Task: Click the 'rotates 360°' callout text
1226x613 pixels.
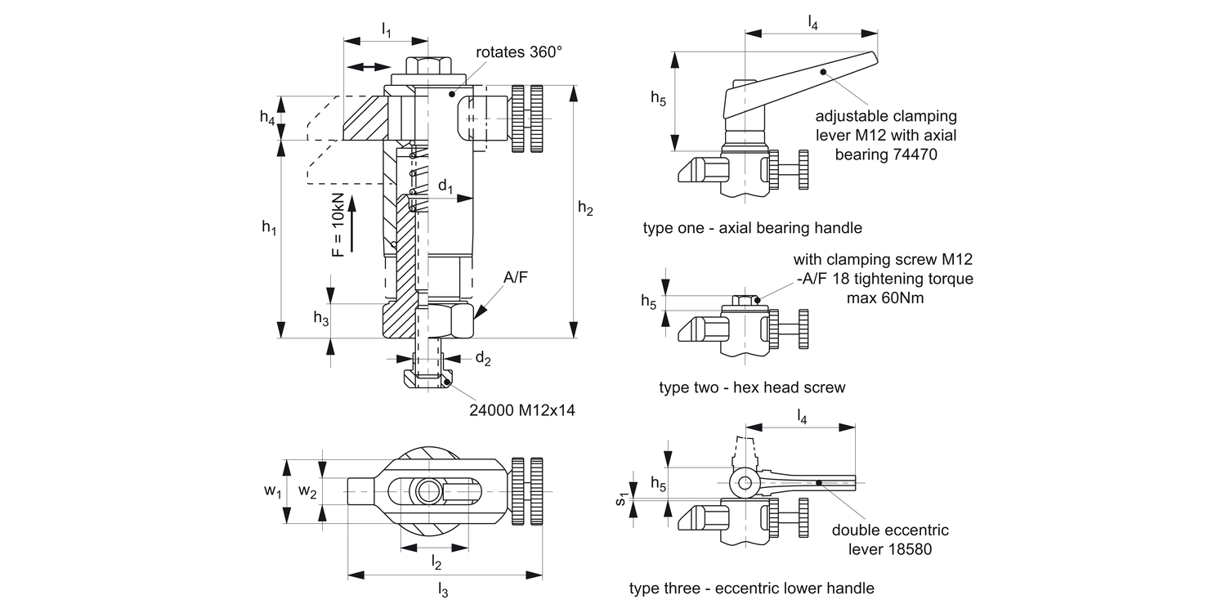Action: [x=519, y=51]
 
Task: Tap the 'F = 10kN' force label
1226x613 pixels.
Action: [x=338, y=226]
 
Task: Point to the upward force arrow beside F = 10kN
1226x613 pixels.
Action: [x=351, y=222]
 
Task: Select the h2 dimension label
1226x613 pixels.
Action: [x=585, y=208]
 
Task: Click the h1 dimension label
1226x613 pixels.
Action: [x=269, y=228]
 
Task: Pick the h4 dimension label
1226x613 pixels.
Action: [x=267, y=118]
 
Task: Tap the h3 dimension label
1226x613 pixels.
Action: [x=321, y=319]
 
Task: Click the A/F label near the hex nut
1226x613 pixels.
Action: [x=515, y=278]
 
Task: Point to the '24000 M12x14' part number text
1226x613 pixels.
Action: [x=521, y=410]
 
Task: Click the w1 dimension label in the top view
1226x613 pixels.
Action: [x=272, y=491]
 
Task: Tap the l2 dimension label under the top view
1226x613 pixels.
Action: [x=436, y=562]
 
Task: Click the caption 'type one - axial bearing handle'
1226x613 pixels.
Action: [x=752, y=228]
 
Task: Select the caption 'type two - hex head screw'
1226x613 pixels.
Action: [x=752, y=387]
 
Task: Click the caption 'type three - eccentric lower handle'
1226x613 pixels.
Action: [x=751, y=588]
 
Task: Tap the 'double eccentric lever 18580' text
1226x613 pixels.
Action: [x=889, y=539]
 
